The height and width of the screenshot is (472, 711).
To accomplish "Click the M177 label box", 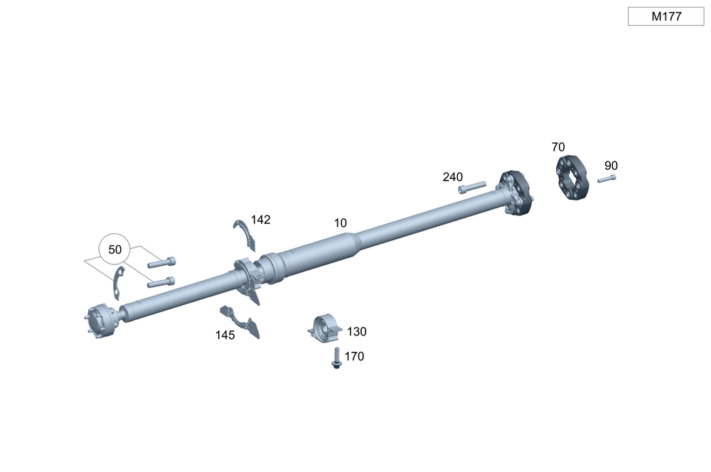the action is (665, 16).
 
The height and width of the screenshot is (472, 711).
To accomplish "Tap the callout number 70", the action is (558, 147).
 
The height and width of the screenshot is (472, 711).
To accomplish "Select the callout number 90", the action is (611, 166).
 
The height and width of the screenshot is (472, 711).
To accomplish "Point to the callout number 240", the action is (452, 177).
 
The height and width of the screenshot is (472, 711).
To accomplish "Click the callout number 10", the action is (340, 223).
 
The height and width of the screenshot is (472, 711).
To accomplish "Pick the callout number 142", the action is (261, 220).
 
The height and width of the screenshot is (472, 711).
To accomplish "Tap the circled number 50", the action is (114, 250).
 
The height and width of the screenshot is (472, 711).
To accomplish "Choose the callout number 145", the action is (225, 335).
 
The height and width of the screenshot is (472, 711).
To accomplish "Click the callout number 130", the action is (356, 331).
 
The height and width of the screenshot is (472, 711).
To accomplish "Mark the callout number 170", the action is (354, 356).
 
